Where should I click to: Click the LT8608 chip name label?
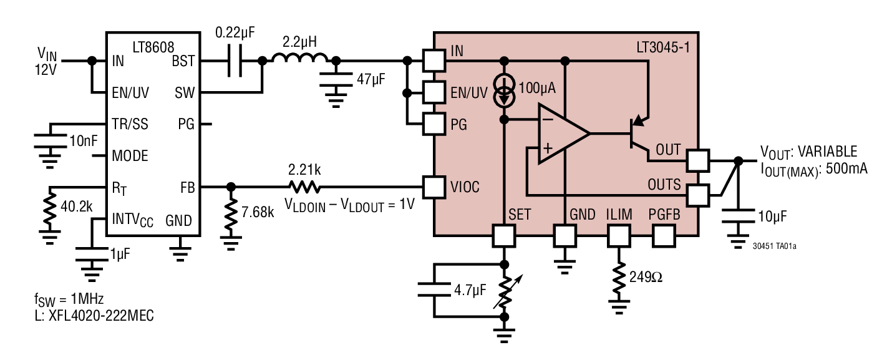pos(153,47)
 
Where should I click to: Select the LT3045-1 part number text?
pos(661,47)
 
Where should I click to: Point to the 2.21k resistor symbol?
pos(304,186)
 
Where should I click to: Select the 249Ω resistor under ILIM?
pos(618,278)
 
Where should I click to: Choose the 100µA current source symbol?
pos(505,90)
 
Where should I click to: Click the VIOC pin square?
pos(434,186)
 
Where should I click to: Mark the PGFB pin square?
pos(664,236)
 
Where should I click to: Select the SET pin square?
pos(505,236)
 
